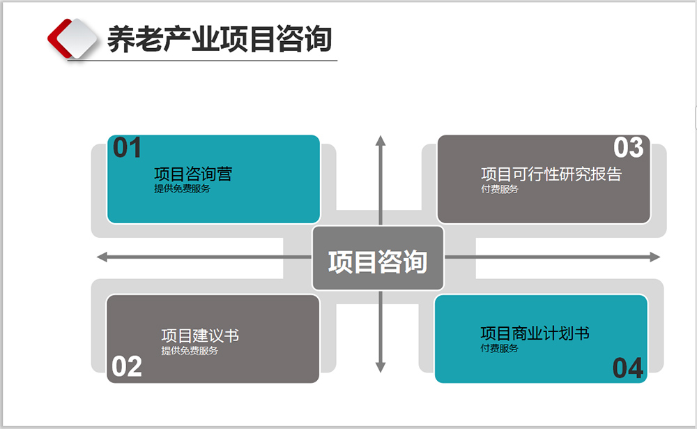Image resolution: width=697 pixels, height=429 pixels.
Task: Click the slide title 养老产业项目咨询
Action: point(219,39)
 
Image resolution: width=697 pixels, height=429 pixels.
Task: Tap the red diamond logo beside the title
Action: point(72,38)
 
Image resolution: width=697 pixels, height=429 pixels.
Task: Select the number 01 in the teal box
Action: point(128,149)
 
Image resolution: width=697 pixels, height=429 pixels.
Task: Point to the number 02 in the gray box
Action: point(127,367)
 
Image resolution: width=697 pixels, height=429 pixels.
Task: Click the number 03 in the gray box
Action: point(628,148)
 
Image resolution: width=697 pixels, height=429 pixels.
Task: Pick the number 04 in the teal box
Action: point(628,368)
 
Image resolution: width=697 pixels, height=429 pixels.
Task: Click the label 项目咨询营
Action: point(193,174)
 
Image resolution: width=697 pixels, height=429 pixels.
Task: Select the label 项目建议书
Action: point(200,336)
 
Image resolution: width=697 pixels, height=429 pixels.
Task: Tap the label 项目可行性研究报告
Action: point(551,174)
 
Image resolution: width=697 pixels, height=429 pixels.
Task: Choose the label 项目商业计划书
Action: point(535,333)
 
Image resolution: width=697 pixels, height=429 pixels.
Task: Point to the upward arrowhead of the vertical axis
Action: point(381,140)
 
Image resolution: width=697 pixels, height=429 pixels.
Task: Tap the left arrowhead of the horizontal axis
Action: point(102,257)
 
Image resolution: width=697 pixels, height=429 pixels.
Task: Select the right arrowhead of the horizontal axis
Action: point(654,257)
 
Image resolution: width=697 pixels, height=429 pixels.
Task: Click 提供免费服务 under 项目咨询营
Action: point(182,189)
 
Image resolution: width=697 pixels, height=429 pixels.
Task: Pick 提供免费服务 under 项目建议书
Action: point(190,351)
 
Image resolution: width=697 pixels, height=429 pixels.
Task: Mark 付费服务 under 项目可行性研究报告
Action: point(500,189)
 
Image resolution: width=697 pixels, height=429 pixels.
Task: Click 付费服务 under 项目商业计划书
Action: point(499,348)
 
